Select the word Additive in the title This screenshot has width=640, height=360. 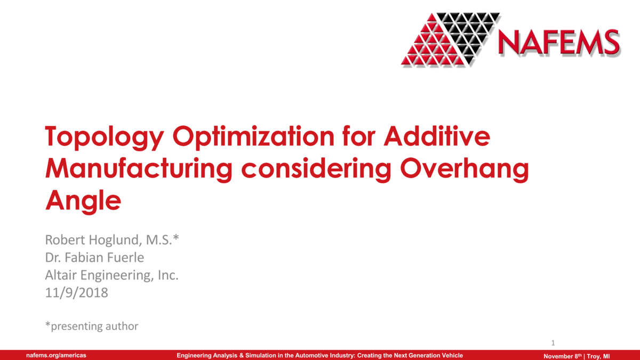tap(437, 137)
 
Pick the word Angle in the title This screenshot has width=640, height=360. tap(83, 201)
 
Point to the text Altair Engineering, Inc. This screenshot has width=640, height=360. tap(111, 275)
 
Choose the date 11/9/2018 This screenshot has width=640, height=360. tap(77, 292)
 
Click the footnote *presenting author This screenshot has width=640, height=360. tap(92, 326)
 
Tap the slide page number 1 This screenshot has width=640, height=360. tap(553, 343)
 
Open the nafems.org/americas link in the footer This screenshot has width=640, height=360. tap(57, 356)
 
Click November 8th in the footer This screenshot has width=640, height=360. tap(562, 356)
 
